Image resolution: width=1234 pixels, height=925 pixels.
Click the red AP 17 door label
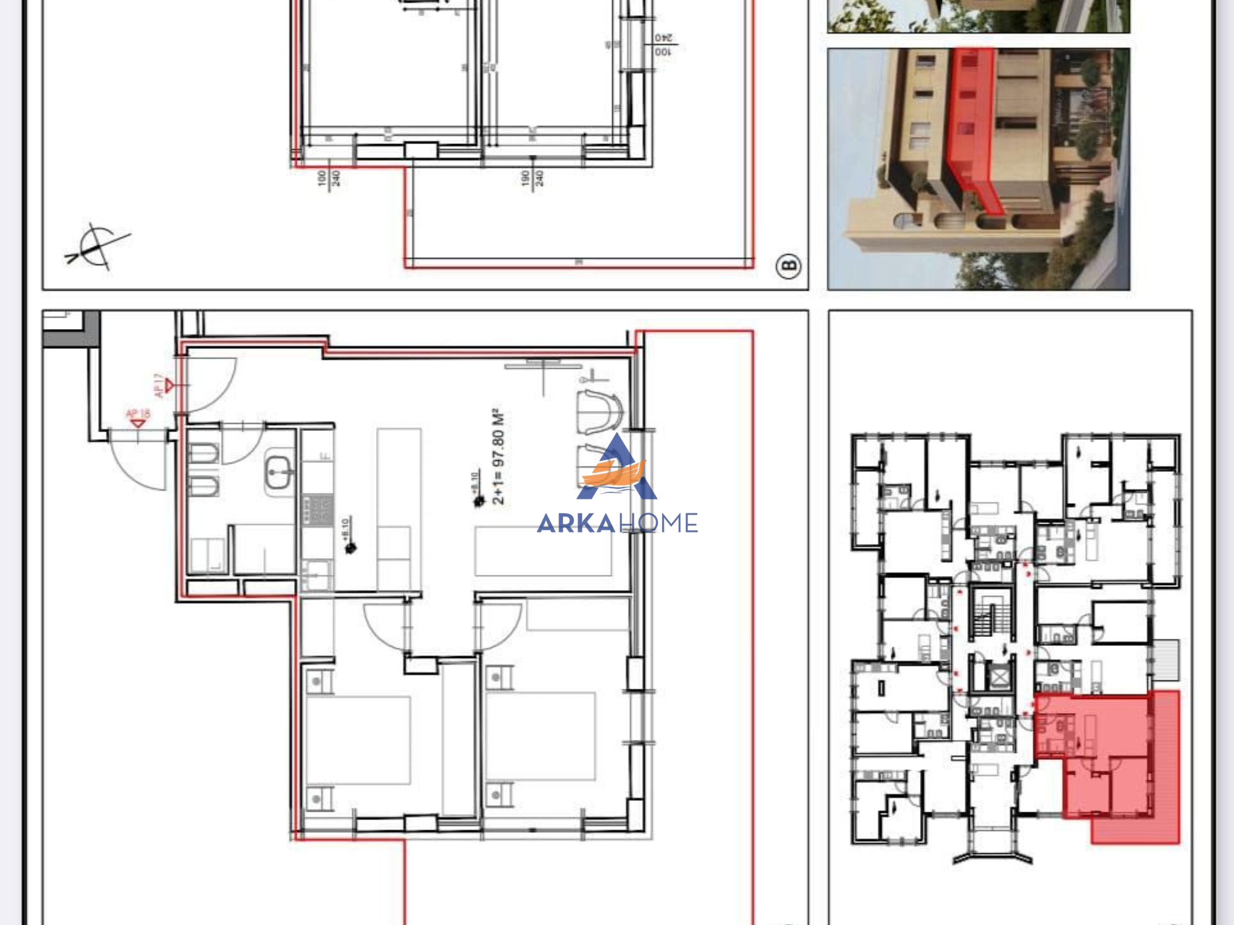click(x=158, y=386)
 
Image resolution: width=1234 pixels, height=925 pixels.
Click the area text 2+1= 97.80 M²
click(x=498, y=457)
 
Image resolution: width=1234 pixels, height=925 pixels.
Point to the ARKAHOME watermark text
click(x=617, y=523)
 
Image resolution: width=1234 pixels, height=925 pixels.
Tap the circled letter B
click(x=788, y=266)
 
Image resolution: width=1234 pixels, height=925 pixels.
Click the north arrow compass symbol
click(x=96, y=246)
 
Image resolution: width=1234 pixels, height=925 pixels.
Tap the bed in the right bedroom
click(x=540, y=736)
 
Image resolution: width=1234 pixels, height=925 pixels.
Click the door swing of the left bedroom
click(x=386, y=627)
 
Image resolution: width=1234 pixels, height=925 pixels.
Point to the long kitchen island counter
click(x=399, y=509)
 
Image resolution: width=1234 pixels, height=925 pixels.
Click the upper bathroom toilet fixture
click(x=204, y=454)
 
